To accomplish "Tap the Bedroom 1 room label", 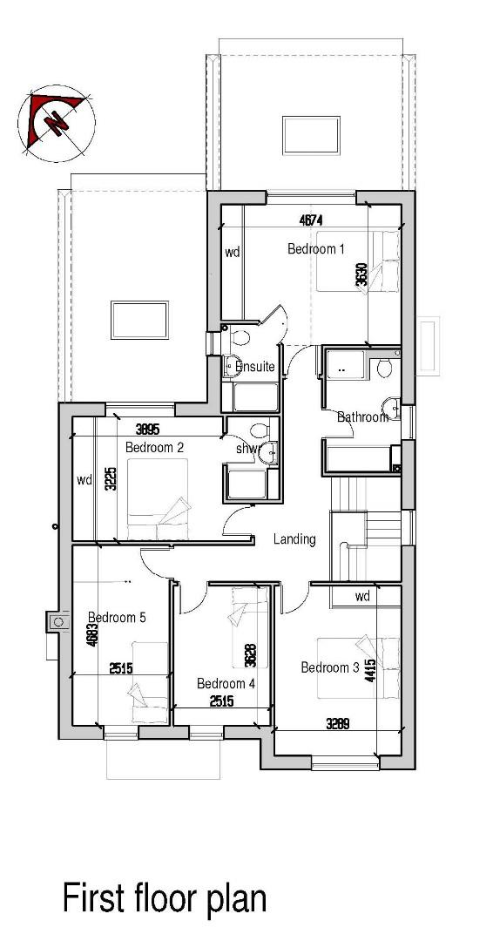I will click(x=316, y=249).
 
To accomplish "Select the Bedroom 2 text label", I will click(x=154, y=448).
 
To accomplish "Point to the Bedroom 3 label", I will click(x=330, y=667).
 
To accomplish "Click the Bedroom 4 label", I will click(x=226, y=683).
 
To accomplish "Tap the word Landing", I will click(x=294, y=539).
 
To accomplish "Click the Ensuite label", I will click(x=255, y=367).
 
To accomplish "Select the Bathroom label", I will click(x=362, y=417).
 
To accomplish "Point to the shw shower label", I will click(x=247, y=449).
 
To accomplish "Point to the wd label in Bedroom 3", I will click(x=363, y=597).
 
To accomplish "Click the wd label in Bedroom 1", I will click(x=233, y=253).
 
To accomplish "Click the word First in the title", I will click(x=91, y=897).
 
